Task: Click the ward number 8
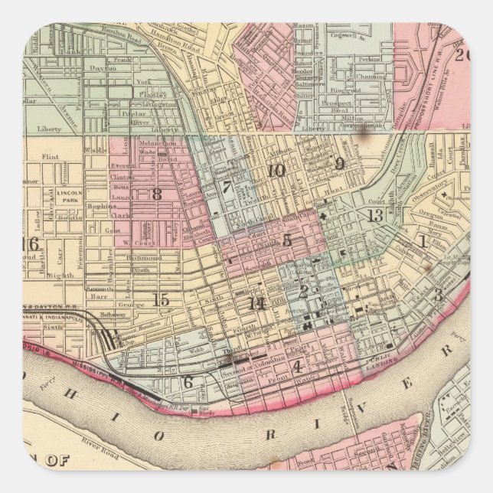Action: [156, 194]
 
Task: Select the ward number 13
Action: [374, 216]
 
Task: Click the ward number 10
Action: [276, 170]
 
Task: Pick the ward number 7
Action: [226, 186]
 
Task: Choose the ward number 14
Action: [256, 303]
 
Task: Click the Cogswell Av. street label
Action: [348, 34]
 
